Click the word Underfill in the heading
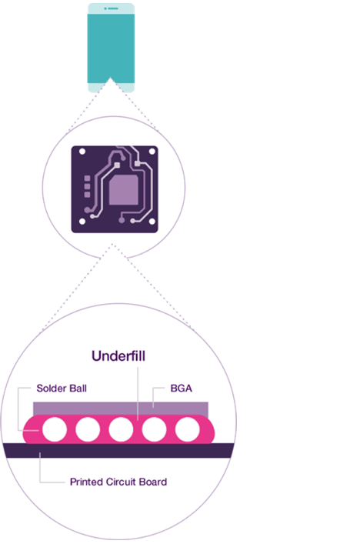118,356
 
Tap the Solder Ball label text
62,389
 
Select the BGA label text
181,389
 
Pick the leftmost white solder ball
55,429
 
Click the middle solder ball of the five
121,429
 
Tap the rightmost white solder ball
187,429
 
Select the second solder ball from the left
88,429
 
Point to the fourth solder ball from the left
154,429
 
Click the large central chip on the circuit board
124,190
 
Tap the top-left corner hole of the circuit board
82,152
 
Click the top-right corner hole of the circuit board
152,152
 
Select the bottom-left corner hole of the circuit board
82,222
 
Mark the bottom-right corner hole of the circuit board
152,222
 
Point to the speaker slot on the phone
112,8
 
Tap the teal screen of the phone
111,48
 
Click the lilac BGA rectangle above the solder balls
121,409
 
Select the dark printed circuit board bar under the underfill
118,450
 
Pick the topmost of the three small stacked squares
87,179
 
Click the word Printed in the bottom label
86,482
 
